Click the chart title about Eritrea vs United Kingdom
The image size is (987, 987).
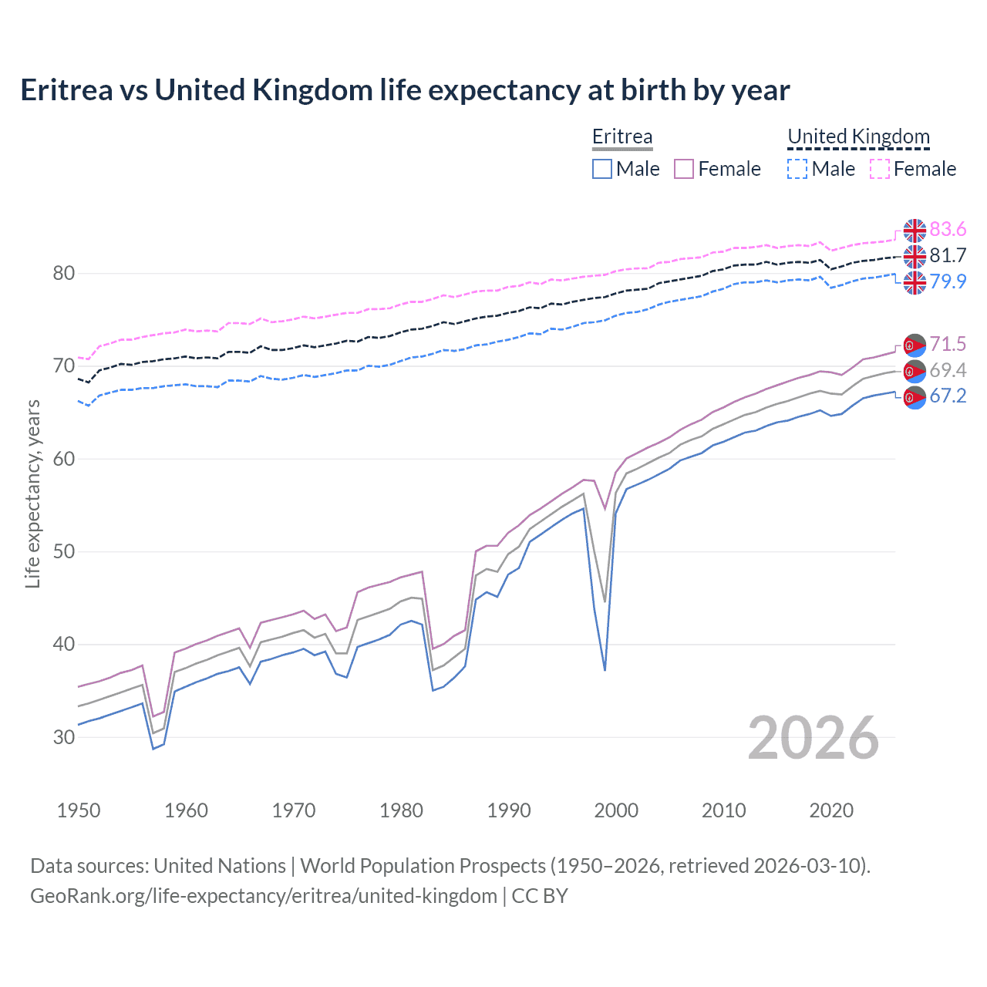405,90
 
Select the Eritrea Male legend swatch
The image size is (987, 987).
602,169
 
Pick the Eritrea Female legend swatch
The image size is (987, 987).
684,169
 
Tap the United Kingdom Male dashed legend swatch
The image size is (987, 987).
797,169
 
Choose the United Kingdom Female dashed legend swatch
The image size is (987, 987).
880,169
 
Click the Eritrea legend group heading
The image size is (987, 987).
622,136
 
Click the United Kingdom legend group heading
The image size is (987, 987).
858,136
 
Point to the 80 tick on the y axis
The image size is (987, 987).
64,274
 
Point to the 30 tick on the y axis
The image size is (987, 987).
64,737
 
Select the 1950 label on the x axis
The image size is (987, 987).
79,810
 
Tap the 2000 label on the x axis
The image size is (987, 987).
616,810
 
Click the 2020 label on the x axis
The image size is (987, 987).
831,810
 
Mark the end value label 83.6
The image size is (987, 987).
948,230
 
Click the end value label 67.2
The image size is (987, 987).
948,396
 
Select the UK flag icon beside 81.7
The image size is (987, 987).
915,256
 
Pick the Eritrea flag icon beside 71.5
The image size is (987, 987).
915,345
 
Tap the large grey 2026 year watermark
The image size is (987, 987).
814,738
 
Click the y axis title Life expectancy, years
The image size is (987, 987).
33,493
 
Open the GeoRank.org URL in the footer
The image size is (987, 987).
264,896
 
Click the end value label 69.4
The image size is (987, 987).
948,371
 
